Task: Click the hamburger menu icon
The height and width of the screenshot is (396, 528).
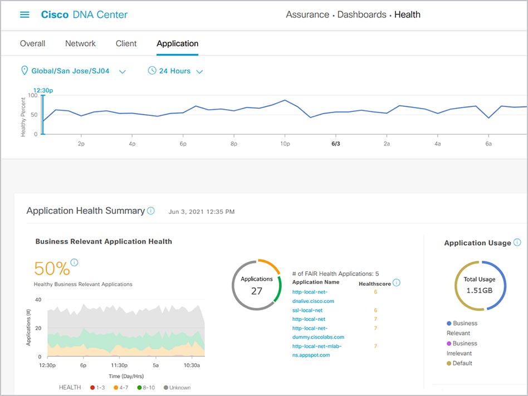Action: tap(25, 15)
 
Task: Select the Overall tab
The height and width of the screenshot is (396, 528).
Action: tap(32, 43)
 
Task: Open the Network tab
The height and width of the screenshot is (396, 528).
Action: tap(80, 43)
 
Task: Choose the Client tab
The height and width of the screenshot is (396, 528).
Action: tap(126, 43)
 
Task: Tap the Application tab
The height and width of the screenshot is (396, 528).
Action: tap(177, 43)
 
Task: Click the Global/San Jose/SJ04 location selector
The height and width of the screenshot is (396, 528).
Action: tap(73, 71)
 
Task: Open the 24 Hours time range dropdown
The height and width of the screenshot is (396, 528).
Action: tap(175, 71)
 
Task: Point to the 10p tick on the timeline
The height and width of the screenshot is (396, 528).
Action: tap(285, 144)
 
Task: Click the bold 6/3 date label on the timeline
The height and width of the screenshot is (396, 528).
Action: tap(336, 144)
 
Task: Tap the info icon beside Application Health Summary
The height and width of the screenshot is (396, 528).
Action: tap(150, 211)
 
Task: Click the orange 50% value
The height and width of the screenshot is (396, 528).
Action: tap(52, 268)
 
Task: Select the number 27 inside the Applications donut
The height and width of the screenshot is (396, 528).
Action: tap(256, 291)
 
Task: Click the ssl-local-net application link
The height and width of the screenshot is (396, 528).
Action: tap(307, 310)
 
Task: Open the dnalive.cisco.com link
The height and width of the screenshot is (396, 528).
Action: tap(313, 301)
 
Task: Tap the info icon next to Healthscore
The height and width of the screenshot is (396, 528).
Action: tap(397, 283)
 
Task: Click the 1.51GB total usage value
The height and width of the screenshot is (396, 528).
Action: tap(479, 290)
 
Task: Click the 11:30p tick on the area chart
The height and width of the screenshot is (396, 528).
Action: tap(120, 366)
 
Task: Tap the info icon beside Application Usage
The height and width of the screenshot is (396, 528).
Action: tap(517, 242)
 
